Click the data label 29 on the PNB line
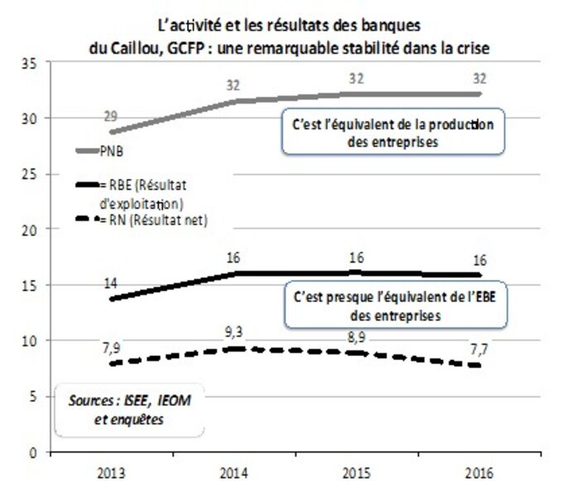tap(110, 117)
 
